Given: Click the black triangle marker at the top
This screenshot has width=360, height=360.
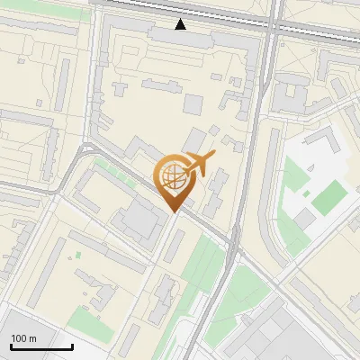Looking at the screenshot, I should (181, 24).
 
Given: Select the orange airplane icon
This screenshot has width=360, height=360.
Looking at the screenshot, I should (200, 165).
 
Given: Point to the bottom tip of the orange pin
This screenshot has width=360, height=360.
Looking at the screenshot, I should (175, 212).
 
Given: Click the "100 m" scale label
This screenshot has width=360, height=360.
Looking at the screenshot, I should (23, 338).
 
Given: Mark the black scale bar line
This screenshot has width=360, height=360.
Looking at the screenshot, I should (41, 346).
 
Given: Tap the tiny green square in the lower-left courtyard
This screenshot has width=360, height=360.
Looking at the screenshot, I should (77, 256).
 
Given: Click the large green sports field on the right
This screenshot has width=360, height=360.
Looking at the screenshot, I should (329, 196).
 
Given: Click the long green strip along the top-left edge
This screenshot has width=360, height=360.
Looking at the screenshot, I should (45, 4).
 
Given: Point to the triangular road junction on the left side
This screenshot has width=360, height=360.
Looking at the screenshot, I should (85, 149).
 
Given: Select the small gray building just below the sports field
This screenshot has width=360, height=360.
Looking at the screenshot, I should (305, 220).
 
